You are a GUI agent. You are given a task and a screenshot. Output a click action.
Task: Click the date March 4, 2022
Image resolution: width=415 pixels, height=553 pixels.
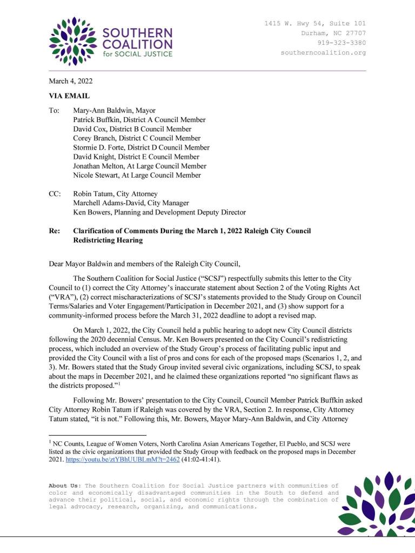click(71, 82)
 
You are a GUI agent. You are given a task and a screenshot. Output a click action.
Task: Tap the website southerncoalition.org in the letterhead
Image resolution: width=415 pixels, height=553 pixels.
click(323, 53)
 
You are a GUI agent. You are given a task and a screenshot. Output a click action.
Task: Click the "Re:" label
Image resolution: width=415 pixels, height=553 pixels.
click(55, 231)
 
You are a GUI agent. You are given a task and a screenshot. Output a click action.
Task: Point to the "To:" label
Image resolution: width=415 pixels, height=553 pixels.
click(54, 111)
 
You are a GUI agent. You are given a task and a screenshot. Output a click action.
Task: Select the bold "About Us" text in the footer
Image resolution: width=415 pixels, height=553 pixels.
click(64, 485)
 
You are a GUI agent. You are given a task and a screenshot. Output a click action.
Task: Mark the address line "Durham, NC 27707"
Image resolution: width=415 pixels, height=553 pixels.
click(333, 33)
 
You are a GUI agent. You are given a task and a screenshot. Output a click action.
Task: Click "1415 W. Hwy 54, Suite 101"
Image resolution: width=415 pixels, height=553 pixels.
click(314, 24)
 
